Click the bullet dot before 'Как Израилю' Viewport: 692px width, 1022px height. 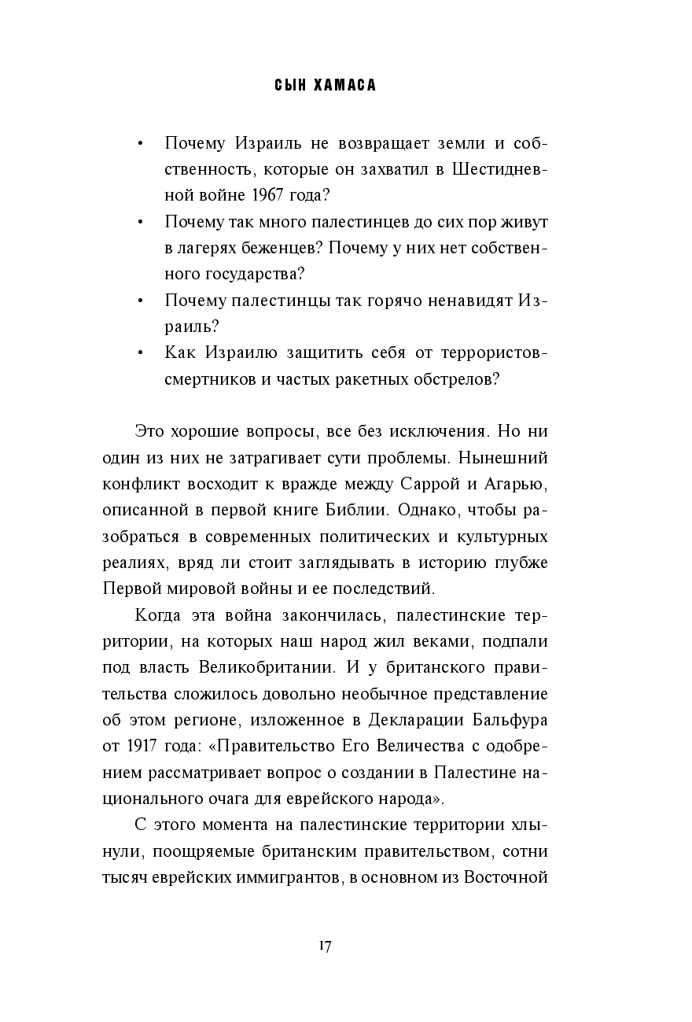(139, 352)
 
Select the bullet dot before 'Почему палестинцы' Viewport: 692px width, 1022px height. (139, 301)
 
